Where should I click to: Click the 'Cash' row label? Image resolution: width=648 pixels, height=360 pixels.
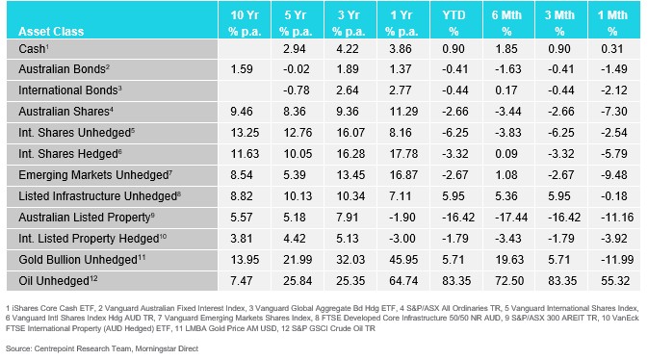[x=35, y=48]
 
